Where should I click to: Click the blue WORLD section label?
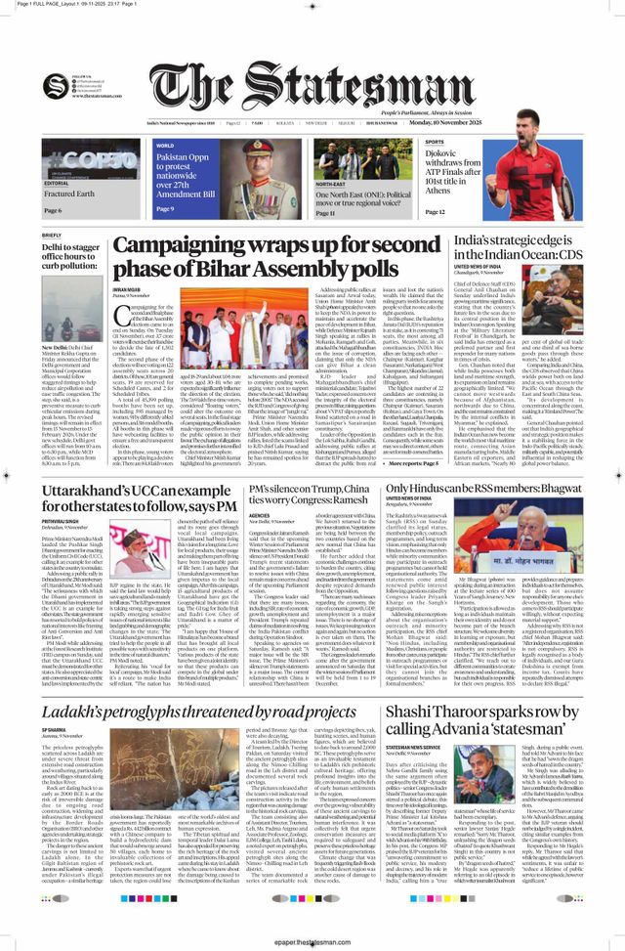click(x=165, y=145)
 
